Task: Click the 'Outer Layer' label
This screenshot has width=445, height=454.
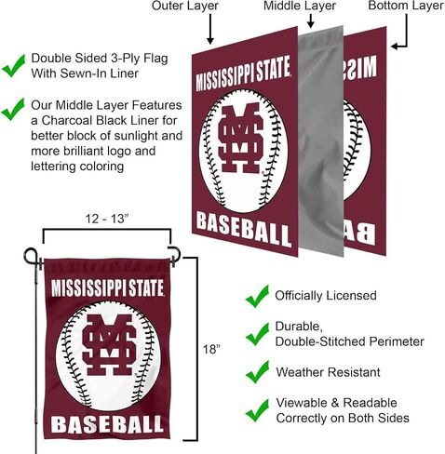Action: pyautogui.click(x=185, y=6)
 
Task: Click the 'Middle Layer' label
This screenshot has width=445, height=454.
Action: pyautogui.click(x=300, y=6)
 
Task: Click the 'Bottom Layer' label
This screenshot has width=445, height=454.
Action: pyautogui.click(x=406, y=6)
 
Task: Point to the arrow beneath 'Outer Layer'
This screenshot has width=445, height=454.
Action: pyautogui.click(x=210, y=29)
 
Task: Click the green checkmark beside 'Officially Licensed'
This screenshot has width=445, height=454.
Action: pyautogui.click(x=257, y=297)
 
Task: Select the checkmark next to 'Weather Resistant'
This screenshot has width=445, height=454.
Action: pyautogui.click(x=257, y=372)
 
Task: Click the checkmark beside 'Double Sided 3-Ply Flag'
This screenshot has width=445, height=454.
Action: pyautogui.click(x=13, y=65)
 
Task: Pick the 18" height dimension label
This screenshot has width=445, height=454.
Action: pyautogui.click(x=211, y=350)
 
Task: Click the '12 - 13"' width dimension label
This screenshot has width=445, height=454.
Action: pyautogui.click(x=107, y=219)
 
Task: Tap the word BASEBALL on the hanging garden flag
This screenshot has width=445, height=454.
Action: pyautogui.click(x=107, y=424)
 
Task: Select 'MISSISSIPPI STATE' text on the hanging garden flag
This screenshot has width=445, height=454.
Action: pyautogui.click(x=107, y=287)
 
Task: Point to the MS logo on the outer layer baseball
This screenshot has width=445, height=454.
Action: pyautogui.click(x=240, y=138)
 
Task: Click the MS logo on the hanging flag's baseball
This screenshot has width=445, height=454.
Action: pyautogui.click(x=109, y=344)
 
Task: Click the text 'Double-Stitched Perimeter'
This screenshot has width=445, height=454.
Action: pyautogui.click(x=350, y=341)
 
